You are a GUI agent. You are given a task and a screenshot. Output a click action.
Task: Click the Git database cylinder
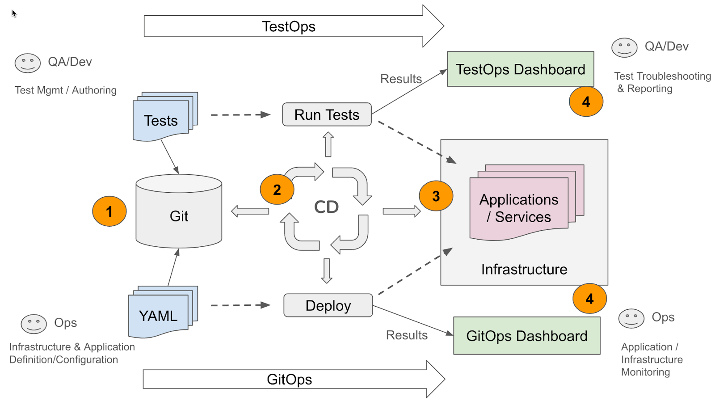pos(179,212)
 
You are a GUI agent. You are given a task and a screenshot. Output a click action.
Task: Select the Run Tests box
pos(327,115)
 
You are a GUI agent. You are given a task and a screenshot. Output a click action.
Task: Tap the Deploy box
pos(328,306)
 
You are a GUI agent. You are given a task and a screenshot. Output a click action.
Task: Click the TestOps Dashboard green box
pos(520,69)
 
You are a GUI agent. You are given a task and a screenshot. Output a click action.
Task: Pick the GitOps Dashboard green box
pos(526,336)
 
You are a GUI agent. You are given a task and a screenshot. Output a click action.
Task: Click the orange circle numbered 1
pos(109,211)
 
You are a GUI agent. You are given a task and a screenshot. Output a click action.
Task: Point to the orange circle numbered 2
pos(277,190)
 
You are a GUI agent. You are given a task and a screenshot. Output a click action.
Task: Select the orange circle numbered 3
pos(436,196)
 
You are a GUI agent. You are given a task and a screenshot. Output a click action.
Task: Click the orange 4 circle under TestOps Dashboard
pos(586,102)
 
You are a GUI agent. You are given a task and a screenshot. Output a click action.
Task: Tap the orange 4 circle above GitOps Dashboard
pos(589,298)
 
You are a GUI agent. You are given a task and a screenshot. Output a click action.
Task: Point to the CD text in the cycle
pos(326,207)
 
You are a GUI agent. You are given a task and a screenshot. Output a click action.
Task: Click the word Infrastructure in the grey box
pos(524,269)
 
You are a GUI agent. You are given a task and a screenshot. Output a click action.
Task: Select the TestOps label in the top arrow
pos(288,26)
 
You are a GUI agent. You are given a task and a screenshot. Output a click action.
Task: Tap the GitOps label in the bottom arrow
pos(289,379)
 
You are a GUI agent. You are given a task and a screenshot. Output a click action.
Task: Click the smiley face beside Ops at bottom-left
pos(34,324)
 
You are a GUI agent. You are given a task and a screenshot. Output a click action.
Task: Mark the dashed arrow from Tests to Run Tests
pos(240,115)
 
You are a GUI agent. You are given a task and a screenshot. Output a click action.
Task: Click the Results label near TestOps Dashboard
pos(401,79)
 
